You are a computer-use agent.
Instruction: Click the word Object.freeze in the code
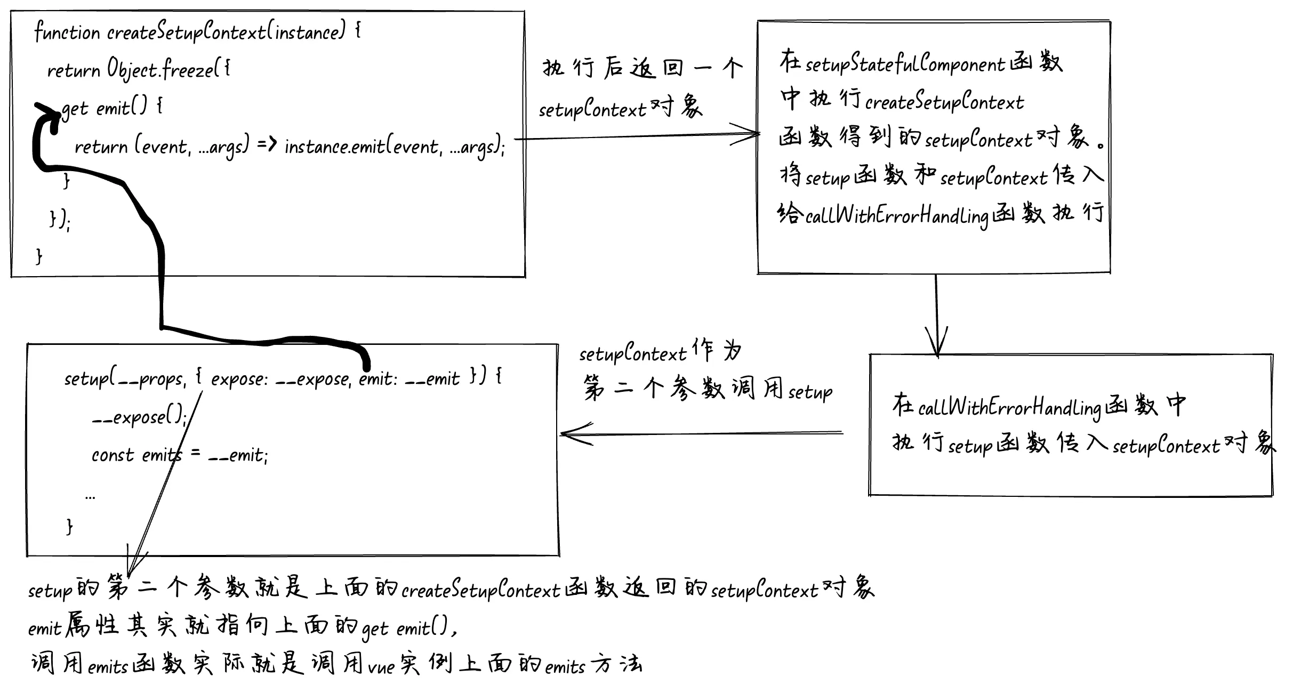tap(160, 70)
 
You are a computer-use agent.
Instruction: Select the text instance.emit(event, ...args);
tap(394, 147)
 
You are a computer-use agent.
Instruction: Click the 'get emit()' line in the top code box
tap(112, 108)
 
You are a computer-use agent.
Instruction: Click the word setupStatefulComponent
tap(905, 64)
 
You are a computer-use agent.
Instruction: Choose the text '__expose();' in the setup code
tap(139, 417)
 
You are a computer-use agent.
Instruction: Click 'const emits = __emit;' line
tap(179, 455)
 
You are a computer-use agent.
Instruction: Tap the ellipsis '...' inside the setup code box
tap(90, 497)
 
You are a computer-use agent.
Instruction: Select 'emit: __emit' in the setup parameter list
tap(409, 379)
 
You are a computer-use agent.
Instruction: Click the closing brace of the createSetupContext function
tap(39, 256)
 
